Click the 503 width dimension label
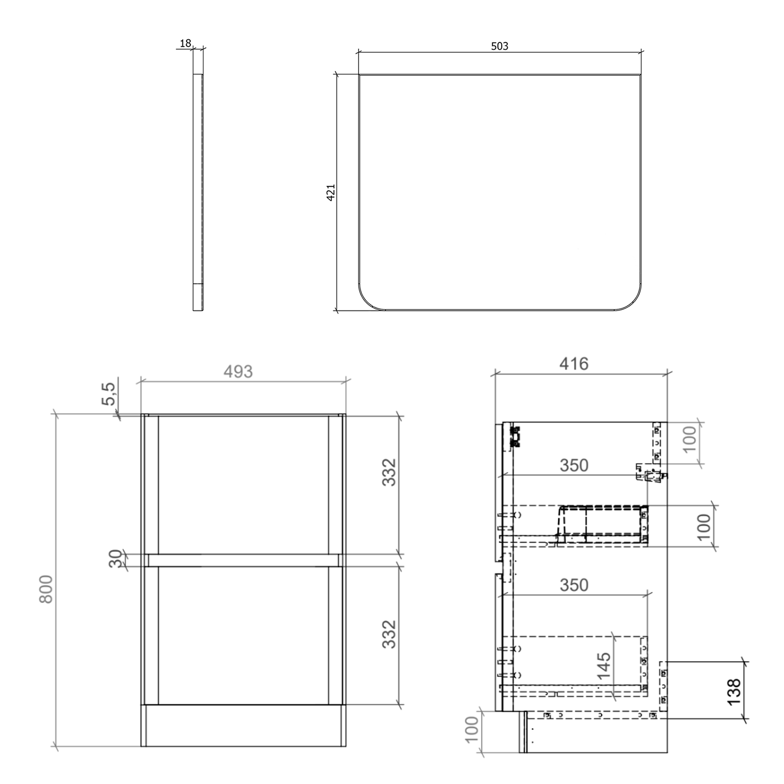tap(499, 46)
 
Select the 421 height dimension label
tap(331, 192)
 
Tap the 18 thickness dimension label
tap(186, 43)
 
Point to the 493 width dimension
tap(238, 372)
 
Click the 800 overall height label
tap(47, 589)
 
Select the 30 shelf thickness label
tap(116, 559)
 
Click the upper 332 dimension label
tap(389, 472)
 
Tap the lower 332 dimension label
tap(389, 635)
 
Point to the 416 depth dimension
tap(574, 363)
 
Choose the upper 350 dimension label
tap(574, 465)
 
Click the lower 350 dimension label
tap(574, 585)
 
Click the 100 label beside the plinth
tap(471, 729)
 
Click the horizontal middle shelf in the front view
tap(243, 560)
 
